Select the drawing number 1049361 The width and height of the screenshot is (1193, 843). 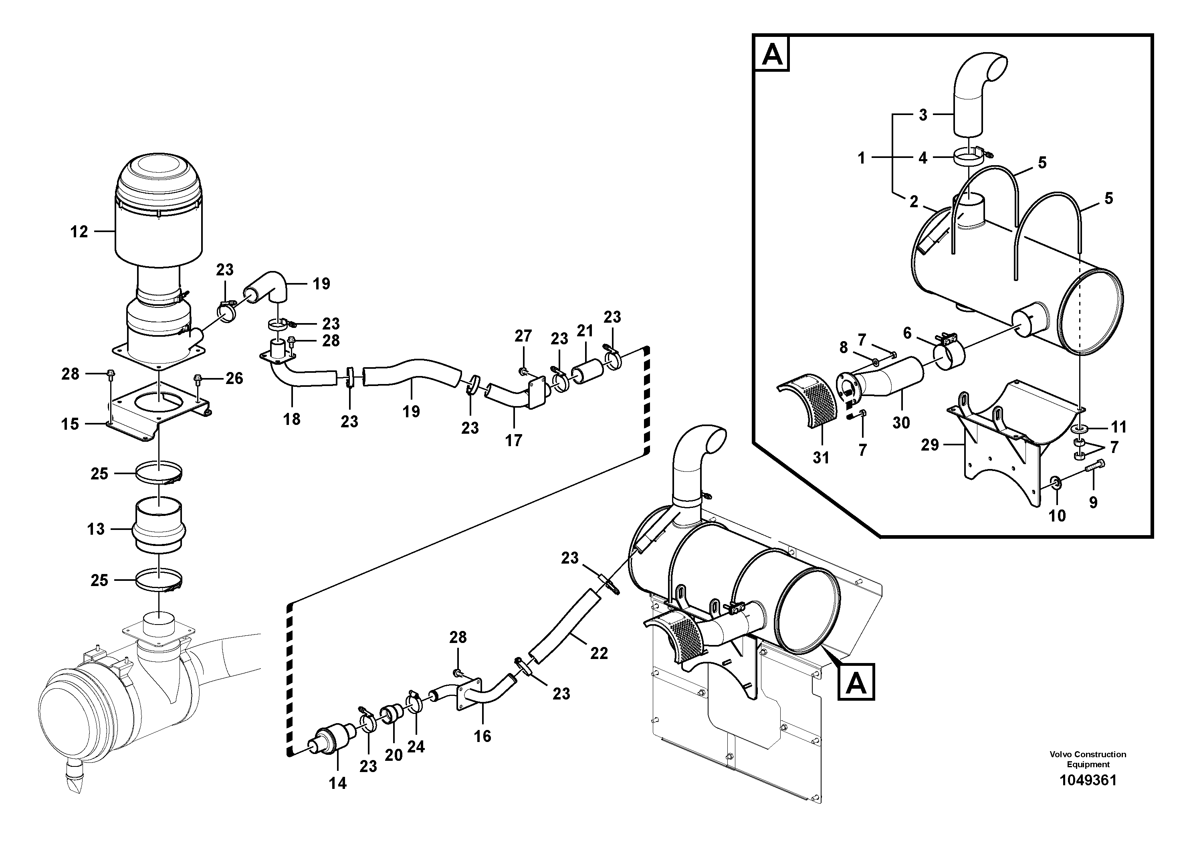click(x=1088, y=780)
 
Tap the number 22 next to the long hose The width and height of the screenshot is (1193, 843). click(x=599, y=653)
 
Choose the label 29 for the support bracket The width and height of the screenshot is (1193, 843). click(x=930, y=445)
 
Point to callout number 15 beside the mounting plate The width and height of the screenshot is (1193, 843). click(x=70, y=424)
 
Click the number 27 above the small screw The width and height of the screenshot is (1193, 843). click(x=523, y=336)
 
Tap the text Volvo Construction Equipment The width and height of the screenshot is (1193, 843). click(x=1088, y=759)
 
